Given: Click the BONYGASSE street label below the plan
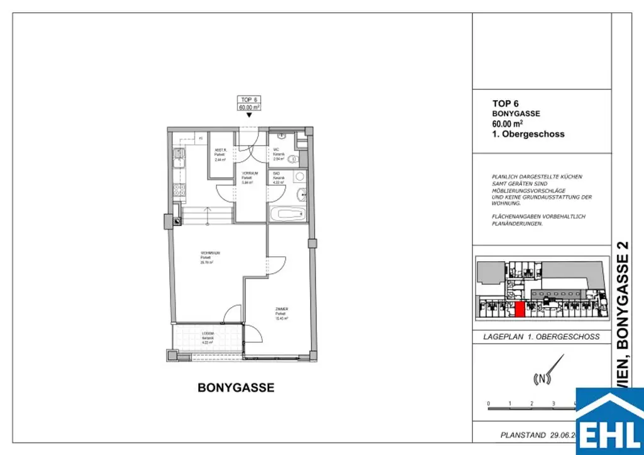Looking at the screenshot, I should [x=236, y=388].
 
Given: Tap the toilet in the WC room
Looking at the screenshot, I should [x=296, y=160].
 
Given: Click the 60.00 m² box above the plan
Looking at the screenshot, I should [x=250, y=108].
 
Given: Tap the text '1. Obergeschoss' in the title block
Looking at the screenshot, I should [x=528, y=134].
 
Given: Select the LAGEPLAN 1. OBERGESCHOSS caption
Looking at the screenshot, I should [x=541, y=337].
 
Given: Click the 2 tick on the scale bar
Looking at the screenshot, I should [x=531, y=403].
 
